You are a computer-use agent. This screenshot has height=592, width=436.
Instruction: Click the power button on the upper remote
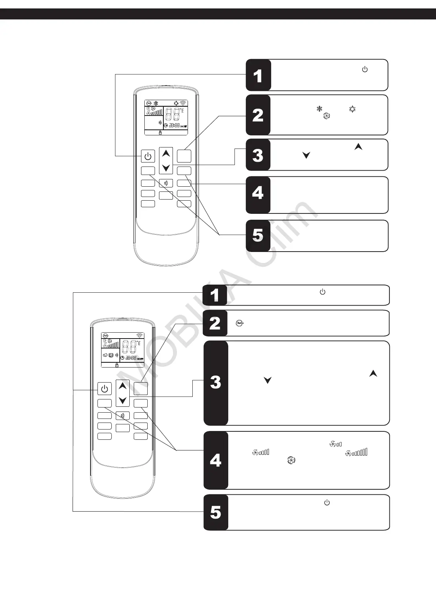click(x=148, y=156)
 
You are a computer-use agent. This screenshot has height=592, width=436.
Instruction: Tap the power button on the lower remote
click(x=104, y=389)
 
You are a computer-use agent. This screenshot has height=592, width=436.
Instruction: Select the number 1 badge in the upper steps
click(x=258, y=75)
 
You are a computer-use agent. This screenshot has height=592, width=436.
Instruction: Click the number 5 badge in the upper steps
click(x=258, y=235)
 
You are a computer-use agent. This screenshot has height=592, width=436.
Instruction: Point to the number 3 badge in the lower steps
click(x=216, y=383)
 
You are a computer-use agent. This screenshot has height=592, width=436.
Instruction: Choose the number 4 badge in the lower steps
click(x=216, y=460)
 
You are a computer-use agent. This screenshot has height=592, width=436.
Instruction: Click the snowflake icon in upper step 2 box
click(x=319, y=109)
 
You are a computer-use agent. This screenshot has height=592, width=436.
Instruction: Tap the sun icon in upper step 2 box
click(x=352, y=109)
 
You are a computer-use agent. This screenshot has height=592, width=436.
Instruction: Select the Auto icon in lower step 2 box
click(x=239, y=323)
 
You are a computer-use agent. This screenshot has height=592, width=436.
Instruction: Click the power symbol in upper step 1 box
click(x=365, y=69)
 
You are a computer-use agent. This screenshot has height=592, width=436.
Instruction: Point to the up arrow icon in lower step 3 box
click(x=373, y=374)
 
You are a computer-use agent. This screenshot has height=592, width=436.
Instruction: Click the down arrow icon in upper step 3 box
click(x=306, y=155)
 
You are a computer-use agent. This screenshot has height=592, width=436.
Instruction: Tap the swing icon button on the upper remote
click(x=166, y=183)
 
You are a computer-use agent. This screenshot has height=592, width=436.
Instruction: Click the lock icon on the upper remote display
click(x=160, y=133)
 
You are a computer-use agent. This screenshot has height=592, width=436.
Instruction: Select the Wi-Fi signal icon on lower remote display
click(x=139, y=335)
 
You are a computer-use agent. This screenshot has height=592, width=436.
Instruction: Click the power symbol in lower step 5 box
click(x=327, y=503)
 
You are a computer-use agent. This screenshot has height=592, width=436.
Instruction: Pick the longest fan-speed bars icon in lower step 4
click(x=356, y=453)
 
